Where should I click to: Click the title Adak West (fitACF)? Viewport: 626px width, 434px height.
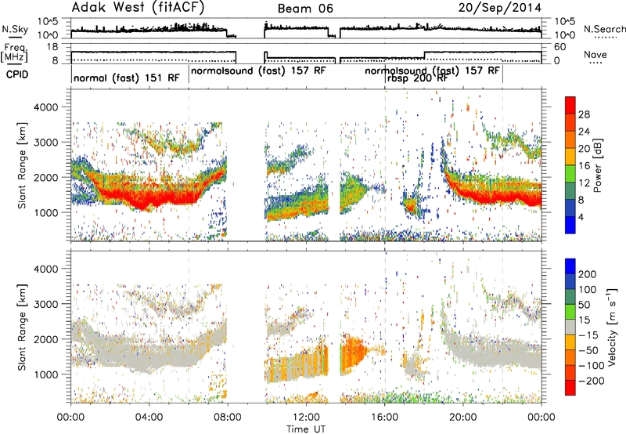[138, 7]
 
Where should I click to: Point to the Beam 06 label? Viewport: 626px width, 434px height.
[305, 9]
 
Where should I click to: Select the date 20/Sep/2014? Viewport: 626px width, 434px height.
[500, 8]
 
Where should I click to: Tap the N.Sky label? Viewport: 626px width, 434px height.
[15, 29]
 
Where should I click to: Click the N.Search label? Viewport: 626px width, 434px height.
[604, 29]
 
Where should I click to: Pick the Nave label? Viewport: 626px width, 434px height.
[595, 54]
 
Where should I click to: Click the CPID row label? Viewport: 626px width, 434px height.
[17, 74]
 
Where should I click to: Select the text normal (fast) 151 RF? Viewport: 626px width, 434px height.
[127, 78]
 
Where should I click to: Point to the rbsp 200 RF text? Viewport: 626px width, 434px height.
[417, 78]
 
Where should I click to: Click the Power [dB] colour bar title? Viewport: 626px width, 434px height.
[597, 165]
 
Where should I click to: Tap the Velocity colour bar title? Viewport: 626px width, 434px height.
[612, 327]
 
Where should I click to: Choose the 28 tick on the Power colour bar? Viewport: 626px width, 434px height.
[584, 114]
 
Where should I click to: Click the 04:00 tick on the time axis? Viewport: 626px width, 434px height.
[149, 418]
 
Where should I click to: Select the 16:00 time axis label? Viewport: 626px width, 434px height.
[384, 418]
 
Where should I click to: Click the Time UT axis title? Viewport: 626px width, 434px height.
[306, 429]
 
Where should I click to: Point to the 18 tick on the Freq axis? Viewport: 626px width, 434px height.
[52, 47]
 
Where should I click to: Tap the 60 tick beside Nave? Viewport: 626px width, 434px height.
[560, 47]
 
